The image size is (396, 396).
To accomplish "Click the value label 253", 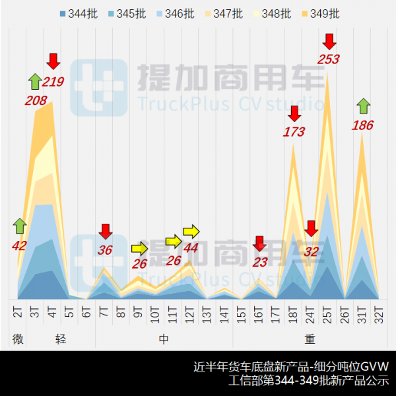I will coord(328,59).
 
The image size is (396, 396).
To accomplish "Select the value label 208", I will coord(35,101).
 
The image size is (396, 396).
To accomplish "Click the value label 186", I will coord(363,125).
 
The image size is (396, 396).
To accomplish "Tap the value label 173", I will coord(294,132).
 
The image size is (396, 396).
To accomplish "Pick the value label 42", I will coord(20,246).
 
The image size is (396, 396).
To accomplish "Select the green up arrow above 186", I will coord(363,106).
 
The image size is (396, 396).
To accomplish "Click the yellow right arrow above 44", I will coord(191,231).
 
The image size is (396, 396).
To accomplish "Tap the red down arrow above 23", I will coord(259,244).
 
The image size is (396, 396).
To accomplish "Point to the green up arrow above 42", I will coord(19,226).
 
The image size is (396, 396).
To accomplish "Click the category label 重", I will coord(310,339).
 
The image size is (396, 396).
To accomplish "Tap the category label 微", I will coord(18,339).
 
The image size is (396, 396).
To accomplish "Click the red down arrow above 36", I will coord(105,232).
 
